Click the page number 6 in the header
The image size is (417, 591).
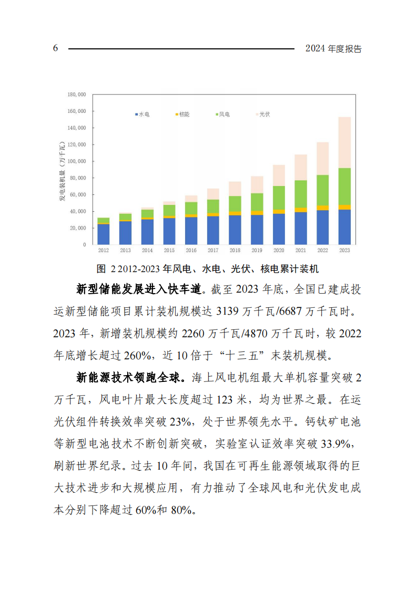55,48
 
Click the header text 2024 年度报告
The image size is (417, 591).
333,49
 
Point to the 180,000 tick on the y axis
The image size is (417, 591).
77,95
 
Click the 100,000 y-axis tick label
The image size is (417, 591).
77,161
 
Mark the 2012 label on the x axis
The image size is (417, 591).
104,251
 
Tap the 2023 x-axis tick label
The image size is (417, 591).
344,251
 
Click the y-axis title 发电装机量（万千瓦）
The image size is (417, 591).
62,171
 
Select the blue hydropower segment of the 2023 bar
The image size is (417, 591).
344,227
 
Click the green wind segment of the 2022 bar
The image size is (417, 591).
322,190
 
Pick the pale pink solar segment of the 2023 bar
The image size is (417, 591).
344,142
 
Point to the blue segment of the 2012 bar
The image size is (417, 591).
104,234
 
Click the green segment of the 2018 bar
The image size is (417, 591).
235,204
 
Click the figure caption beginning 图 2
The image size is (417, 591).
208,269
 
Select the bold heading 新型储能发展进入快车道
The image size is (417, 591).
139,289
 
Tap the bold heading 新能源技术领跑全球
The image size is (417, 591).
130,377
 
